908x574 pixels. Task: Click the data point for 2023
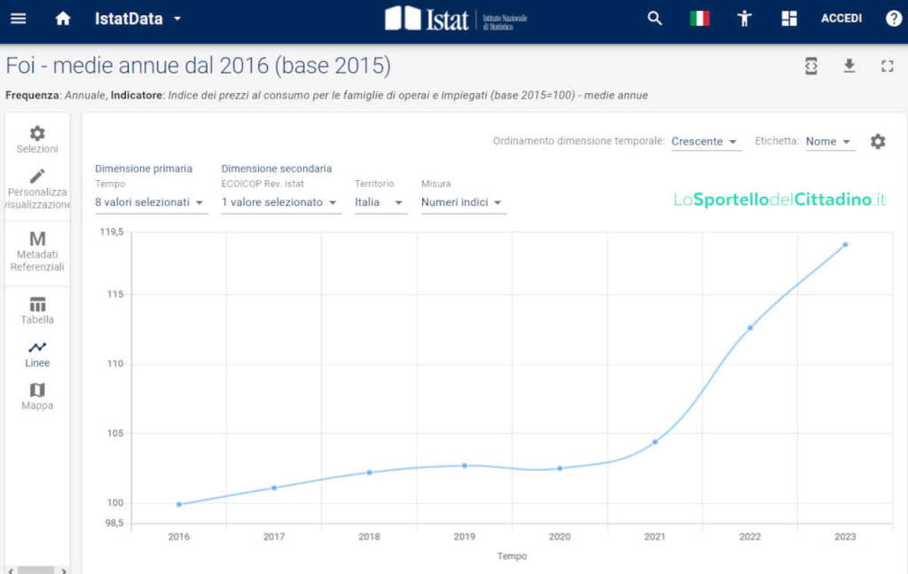pyautogui.click(x=845, y=244)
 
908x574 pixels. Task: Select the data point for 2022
pyautogui.click(x=750, y=327)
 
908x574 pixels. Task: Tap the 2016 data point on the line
pyautogui.click(x=179, y=504)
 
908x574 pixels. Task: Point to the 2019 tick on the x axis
pyautogui.click(x=465, y=536)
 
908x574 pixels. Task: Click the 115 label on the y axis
pyautogui.click(x=113, y=294)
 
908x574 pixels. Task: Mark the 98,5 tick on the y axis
pyautogui.click(x=113, y=523)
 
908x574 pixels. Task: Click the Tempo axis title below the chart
pyautogui.click(x=512, y=556)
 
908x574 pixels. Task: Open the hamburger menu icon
pyautogui.click(x=19, y=19)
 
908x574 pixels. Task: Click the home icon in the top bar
pyautogui.click(x=63, y=19)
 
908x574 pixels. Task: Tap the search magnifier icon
pyautogui.click(x=654, y=19)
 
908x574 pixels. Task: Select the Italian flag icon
pyautogui.click(x=700, y=19)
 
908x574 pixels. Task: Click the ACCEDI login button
pyautogui.click(x=841, y=19)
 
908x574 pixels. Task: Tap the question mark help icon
pyautogui.click(x=894, y=19)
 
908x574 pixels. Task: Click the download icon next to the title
pyautogui.click(x=849, y=66)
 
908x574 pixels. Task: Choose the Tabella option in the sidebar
pyautogui.click(x=37, y=311)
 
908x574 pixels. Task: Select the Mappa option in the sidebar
pyautogui.click(x=37, y=397)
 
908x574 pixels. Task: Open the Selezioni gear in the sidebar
pyautogui.click(x=37, y=139)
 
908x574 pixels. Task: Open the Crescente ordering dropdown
pyautogui.click(x=705, y=142)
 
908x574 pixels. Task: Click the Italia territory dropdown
pyautogui.click(x=380, y=202)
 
